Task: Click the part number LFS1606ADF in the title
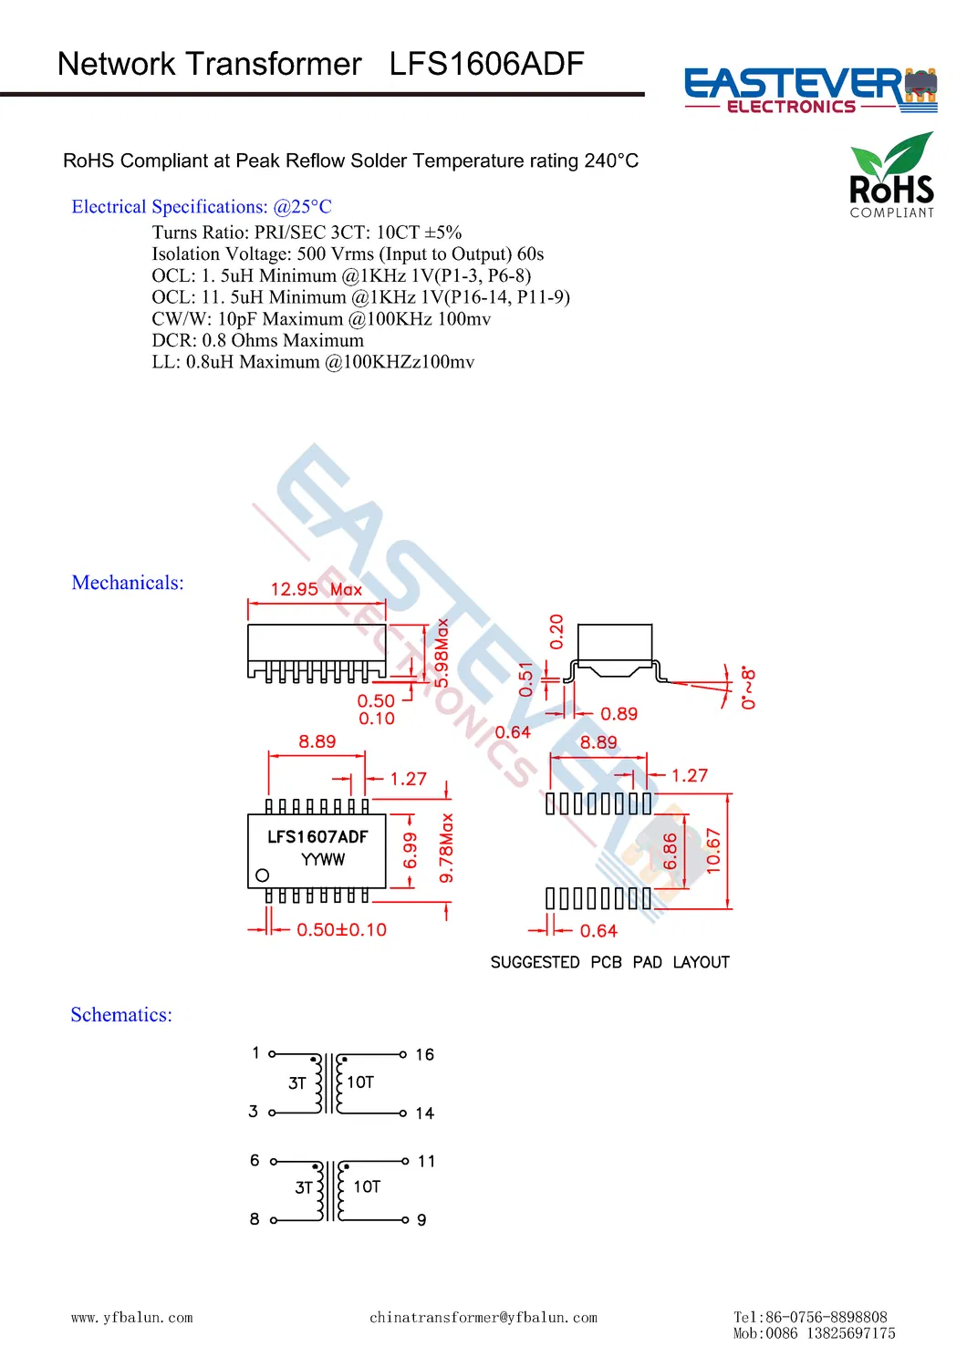click(x=486, y=64)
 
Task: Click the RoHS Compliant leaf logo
click(x=892, y=176)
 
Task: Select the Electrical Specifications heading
click(x=202, y=207)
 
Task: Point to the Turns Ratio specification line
click(x=307, y=233)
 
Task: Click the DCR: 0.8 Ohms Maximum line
click(x=257, y=340)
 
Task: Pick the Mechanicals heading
click(x=128, y=583)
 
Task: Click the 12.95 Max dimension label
click(x=316, y=589)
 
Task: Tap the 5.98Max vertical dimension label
click(x=442, y=653)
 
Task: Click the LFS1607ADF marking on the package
click(x=317, y=836)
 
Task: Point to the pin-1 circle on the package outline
click(x=263, y=875)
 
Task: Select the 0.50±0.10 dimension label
click(x=341, y=930)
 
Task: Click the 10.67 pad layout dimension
click(x=713, y=851)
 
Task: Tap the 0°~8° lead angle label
click(x=749, y=687)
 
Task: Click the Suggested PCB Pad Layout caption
click(x=609, y=962)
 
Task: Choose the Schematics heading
click(x=121, y=1015)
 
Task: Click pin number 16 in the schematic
click(x=424, y=1055)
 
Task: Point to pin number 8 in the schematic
click(x=255, y=1219)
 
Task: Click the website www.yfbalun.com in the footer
click(x=132, y=1318)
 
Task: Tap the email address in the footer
click(x=483, y=1318)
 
